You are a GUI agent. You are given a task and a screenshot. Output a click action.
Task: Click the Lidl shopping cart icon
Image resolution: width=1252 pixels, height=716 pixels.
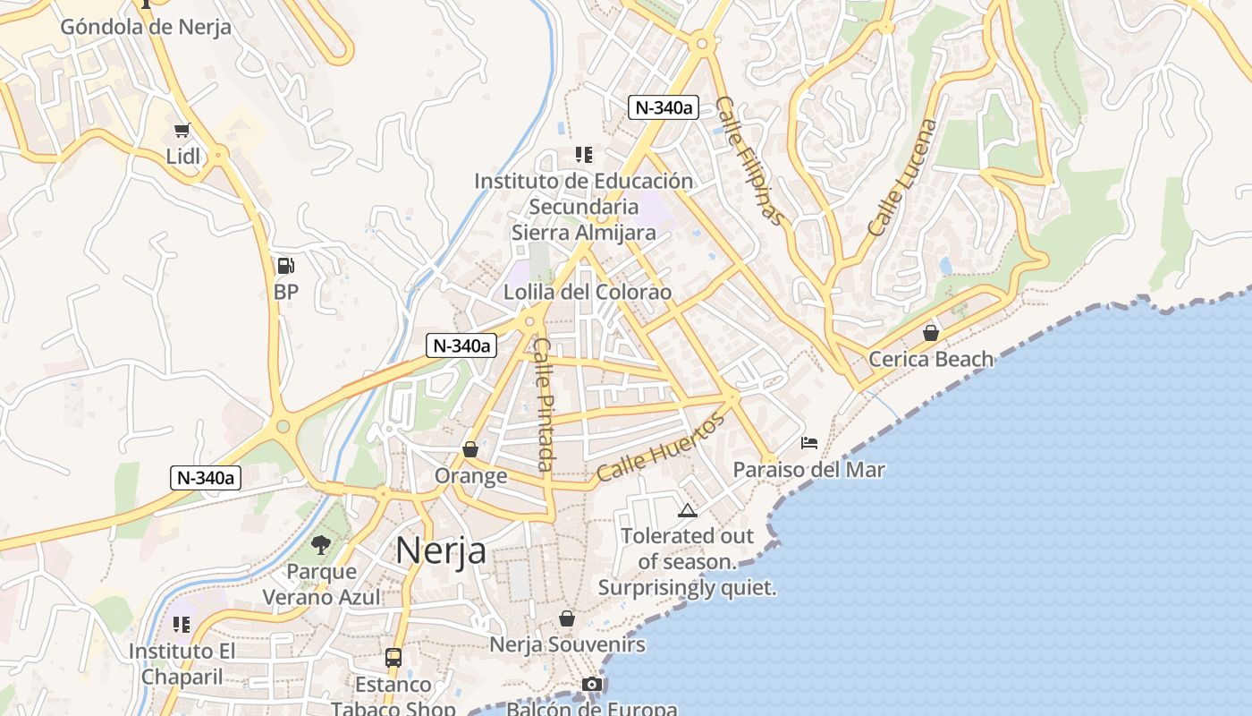(x=183, y=131)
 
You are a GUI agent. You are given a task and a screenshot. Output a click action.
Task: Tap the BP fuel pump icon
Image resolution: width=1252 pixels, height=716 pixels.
(x=285, y=266)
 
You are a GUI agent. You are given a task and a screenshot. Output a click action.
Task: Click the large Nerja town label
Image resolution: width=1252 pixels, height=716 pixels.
(x=441, y=550)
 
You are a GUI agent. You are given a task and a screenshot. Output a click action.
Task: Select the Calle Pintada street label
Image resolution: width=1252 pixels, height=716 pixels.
(x=544, y=405)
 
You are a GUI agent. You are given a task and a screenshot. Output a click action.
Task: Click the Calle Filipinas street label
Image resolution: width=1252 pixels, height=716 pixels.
(x=751, y=162)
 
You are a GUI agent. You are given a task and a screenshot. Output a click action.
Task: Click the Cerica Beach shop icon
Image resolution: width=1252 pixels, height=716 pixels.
(x=931, y=333)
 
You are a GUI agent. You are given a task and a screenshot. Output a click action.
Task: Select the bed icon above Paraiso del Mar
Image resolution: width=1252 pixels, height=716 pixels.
(x=809, y=443)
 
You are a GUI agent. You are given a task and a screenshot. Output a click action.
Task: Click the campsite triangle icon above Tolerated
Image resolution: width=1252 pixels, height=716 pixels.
(x=687, y=511)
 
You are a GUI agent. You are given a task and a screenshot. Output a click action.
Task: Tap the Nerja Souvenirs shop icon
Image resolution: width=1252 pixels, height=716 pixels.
(x=566, y=618)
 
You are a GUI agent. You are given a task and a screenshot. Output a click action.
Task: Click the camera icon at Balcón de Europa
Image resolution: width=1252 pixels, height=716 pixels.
(x=591, y=685)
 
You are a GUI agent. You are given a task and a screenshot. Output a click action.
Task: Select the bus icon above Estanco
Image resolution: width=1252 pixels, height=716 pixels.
(x=393, y=658)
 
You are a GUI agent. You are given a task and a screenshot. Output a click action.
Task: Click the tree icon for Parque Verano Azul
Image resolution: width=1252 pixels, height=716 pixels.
(x=321, y=544)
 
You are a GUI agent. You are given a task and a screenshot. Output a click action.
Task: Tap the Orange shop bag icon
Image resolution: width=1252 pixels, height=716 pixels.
(x=470, y=449)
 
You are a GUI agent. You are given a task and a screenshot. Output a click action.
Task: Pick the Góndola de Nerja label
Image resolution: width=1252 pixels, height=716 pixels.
(x=146, y=27)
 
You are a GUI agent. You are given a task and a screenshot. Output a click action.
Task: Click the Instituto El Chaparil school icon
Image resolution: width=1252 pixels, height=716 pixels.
(x=182, y=625)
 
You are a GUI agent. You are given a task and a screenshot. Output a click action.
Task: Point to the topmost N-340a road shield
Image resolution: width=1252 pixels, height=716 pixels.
(x=663, y=107)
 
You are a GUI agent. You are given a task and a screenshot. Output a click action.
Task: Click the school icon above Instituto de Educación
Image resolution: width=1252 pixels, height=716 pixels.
(x=584, y=155)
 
